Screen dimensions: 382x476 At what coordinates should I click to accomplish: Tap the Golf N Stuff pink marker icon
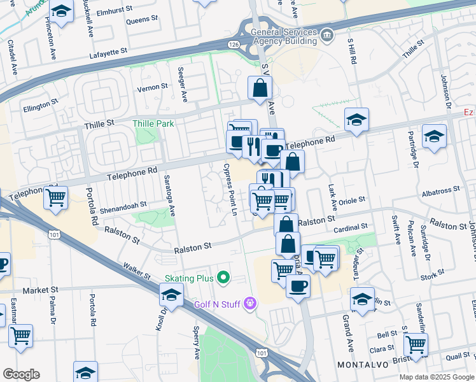pyautogui.click(x=250, y=304)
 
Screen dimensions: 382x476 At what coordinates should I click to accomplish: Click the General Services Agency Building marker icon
pyautogui.click(x=326, y=34)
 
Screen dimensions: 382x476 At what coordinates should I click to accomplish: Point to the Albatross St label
pyautogui.click(x=440, y=190)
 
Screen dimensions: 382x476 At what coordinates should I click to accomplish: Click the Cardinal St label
pyautogui.click(x=351, y=227)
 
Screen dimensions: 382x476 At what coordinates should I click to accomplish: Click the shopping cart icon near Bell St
pyautogui.click(x=416, y=344)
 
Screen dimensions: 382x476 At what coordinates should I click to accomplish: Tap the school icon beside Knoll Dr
pyautogui.click(x=171, y=295)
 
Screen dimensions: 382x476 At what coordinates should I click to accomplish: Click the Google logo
pyautogui.click(x=21, y=374)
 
